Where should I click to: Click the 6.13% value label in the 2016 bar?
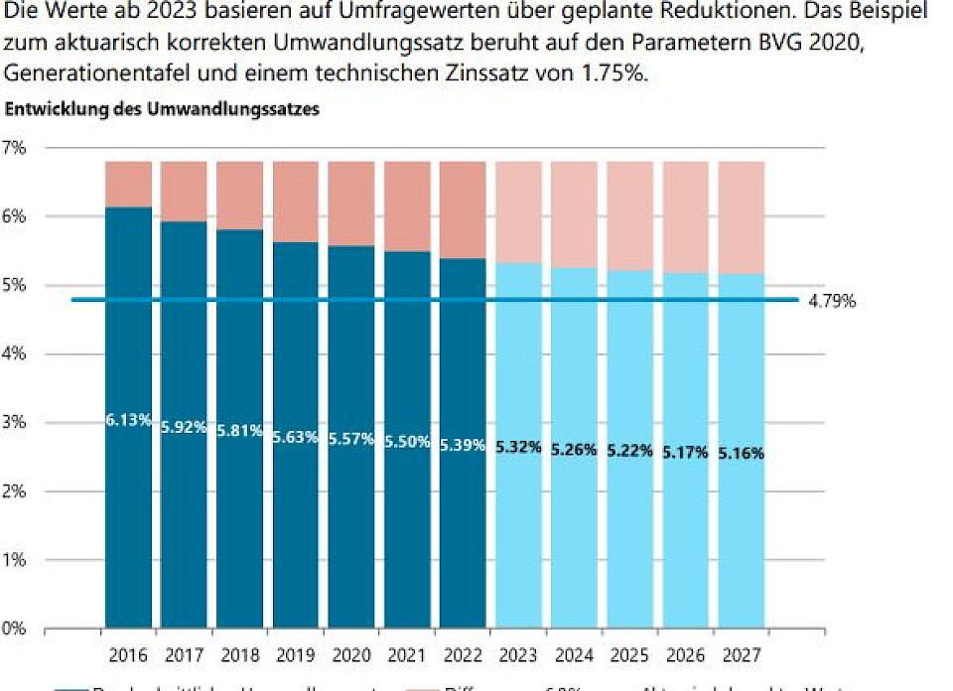click(x=128, y=420)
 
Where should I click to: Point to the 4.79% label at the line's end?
click(x=831, y=300)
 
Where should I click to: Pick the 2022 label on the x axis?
click(x=464, y=656)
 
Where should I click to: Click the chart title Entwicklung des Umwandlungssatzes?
click(x=163, y=110)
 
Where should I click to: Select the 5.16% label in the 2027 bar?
click(x=743, y=453)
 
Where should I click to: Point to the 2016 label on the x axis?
click(x=129, y=656)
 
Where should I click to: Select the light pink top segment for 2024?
click(x=575, y=213)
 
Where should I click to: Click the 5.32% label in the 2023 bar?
click(x=519, y=447)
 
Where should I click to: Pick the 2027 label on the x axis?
click(x=743, y=656)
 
